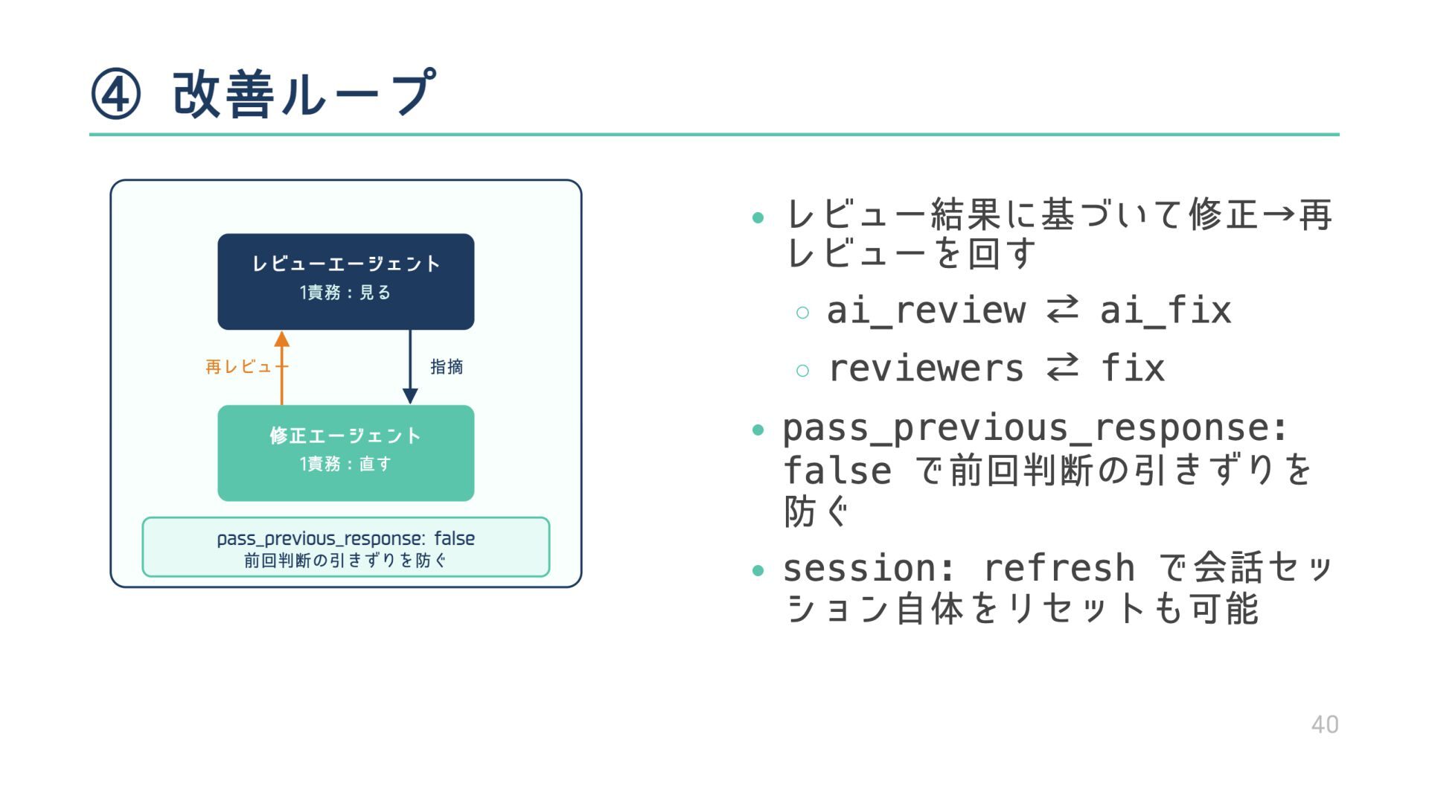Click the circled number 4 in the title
115,95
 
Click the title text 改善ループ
304,95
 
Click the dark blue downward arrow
410,367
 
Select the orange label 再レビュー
243,367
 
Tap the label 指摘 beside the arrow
447,367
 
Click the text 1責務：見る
345,293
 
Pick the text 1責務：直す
345,464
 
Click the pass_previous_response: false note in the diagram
345,547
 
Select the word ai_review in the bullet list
926,310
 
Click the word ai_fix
1166,310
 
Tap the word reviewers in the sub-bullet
926,368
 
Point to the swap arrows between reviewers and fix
1062,367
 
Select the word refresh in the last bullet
1058,569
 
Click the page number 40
1324,724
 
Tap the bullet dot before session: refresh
758,571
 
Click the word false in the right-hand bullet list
837,471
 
